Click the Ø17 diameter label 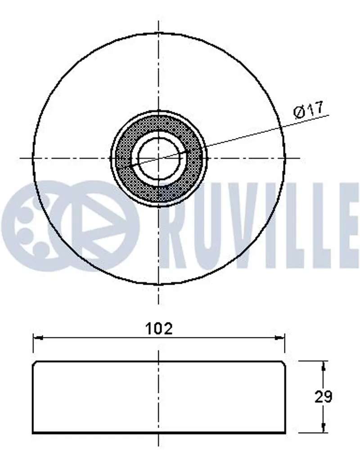pos(307,110)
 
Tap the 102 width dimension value pos(159,329)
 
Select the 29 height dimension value pos(323,397)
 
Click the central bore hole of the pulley pos(158,158)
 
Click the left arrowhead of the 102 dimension pos(38,337)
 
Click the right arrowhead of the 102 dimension pos(280,337)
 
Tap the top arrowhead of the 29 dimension pos(324,366)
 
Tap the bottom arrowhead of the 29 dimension pos(324,428)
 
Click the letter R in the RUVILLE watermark pos(177,225)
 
